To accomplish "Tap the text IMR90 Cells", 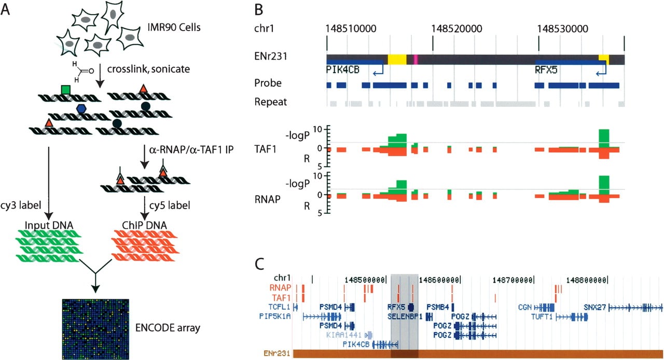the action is tap(174, 27).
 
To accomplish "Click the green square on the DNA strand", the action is tap(65, 90).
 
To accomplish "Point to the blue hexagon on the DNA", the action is tap(81, 109).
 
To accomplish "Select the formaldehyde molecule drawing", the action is tap(82, 72).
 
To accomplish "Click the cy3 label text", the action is tap(20, 205).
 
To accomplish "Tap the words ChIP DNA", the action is tap(144, 225).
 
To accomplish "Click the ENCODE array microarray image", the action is tap(95, 329).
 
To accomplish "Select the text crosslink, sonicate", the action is tap(148, 69).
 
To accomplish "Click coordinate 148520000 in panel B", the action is tap(457, 29).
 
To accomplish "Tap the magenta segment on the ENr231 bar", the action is tap(416, 60).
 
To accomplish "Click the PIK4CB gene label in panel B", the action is tap(343, 70).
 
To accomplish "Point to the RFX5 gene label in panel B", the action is tap(546, 70).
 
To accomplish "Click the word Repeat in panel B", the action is tap(271, 102).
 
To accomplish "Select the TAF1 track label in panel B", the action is tap(265, 149).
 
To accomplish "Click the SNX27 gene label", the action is tap(594, 307).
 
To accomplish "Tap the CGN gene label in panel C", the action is tap(525, 307).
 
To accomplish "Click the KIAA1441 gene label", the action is tap(344, 335).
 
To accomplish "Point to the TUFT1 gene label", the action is tap(542, 317).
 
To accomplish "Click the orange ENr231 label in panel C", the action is tap(276, 353).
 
